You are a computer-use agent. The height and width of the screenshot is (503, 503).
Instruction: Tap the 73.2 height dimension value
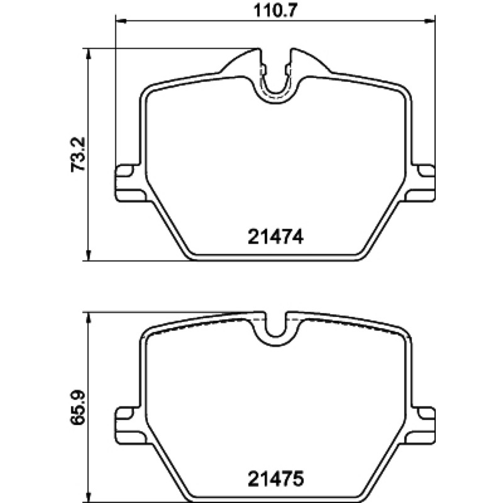tap(78, 154)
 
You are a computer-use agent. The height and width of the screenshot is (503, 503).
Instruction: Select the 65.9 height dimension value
tap(78, 407)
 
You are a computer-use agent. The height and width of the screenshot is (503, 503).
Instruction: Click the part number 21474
tap(275, 238)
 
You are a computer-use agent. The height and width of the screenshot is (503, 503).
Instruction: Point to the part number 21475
tap(275, 480)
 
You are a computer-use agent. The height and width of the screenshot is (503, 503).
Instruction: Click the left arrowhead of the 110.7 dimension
tap(121, 21)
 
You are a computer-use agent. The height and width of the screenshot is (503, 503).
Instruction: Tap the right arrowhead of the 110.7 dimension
tap(429, 21)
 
